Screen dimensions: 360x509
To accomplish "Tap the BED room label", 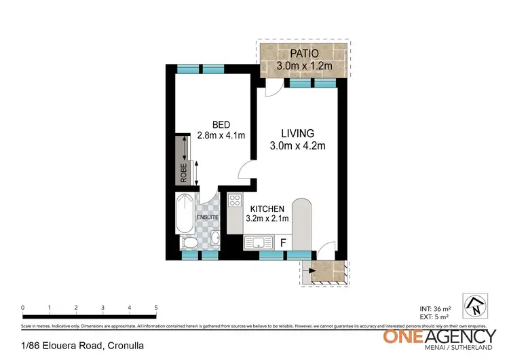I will [221, 124].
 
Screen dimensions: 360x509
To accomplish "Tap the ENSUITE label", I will [208, 217].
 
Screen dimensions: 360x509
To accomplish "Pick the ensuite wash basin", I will [215, 238].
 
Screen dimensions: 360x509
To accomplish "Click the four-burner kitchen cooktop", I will [235, 200].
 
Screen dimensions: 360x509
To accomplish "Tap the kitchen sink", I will [256, 242].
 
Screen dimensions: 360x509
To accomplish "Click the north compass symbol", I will [474, 304].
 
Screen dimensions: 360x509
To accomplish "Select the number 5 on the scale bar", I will [156, 308].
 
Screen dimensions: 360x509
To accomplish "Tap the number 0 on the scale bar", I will [23, 308].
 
